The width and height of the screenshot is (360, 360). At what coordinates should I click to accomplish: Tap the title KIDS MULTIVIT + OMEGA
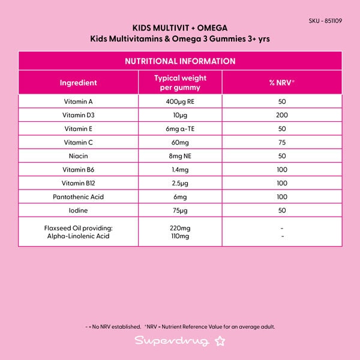[x=180, y=28]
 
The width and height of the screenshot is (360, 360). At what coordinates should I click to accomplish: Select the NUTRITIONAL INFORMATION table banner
[x=180, y=61]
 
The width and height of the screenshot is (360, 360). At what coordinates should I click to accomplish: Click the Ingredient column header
[x=79, y=83]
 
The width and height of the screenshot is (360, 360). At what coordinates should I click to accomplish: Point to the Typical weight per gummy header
[x=180, y=83]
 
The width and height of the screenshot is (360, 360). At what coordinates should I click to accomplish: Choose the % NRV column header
[x=281, y=83]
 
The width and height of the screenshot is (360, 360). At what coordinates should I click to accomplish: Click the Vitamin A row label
[x=79, y=101]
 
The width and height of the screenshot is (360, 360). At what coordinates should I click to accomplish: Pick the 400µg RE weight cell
[x=180, y=101]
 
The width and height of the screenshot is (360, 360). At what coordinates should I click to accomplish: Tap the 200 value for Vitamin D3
[x=281, y=115]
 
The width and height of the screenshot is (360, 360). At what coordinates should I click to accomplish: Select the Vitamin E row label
[x=79, y=129]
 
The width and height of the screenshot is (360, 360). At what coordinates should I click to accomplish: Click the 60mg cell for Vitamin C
[x=180, y=142]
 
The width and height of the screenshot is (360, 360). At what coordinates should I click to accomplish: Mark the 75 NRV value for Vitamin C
[x=281, y=142]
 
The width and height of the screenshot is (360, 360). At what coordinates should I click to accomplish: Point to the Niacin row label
[x=79, y=156]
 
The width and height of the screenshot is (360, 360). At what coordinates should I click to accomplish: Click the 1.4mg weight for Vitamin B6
[x=180, y=170]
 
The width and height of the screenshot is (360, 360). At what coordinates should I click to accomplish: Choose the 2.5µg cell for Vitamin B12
[x=180, y=183]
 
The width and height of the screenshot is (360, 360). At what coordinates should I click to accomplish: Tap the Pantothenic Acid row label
[x=79, y=197]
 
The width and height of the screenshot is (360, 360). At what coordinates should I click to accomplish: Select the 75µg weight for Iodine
[x=180, y=211]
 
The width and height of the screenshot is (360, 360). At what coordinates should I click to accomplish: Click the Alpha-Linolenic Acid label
[x=79, y=236]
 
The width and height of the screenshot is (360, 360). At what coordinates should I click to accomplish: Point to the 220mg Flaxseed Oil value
[x=180, y=228]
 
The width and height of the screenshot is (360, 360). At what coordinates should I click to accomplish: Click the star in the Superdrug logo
[x=220, y=342]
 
